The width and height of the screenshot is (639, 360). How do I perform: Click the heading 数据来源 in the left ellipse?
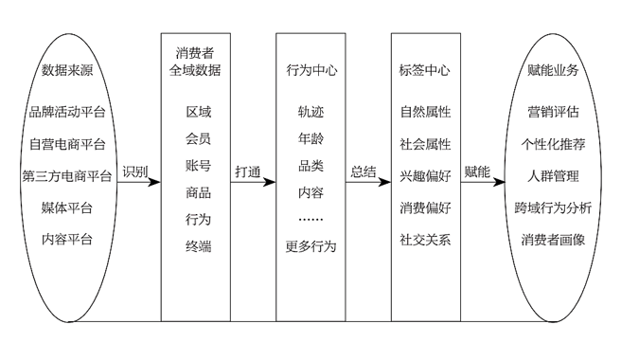(x=67, y=71)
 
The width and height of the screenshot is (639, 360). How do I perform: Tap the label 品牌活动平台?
(x=67, y=112)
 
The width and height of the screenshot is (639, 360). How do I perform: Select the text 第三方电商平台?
(x=67, y=176)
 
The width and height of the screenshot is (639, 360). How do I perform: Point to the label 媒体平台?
(x=67, y=208)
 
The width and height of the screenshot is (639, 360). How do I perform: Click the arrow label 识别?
(x=135, y=171)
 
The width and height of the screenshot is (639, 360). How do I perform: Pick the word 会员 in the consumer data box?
(x=199, y=138)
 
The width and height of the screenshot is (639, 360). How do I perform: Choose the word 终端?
(x=199, y=246)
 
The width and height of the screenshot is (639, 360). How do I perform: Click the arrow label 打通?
(x=248, y=171)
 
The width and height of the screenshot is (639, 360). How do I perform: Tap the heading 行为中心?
(x=311, y=71)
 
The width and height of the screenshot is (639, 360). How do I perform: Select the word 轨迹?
(x=311, y=112)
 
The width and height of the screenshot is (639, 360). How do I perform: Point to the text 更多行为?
(x=311, y=246)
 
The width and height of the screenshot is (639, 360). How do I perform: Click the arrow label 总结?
(x=364, y=171)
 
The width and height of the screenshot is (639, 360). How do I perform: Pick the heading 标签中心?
(x=426, y=71)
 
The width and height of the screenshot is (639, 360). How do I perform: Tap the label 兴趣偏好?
(x=426, y=176)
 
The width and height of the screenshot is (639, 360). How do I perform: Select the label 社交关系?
(x=426, y=240)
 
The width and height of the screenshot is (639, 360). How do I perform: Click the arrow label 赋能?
(x=478, y=171)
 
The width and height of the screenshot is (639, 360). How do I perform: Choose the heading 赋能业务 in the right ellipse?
(x=553, y=71)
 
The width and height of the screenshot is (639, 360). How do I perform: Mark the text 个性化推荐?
(x=553, y=144)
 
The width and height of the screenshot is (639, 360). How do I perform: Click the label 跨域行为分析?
(x=553, y=208)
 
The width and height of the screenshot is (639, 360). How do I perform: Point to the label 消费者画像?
(x=553, y=240)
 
